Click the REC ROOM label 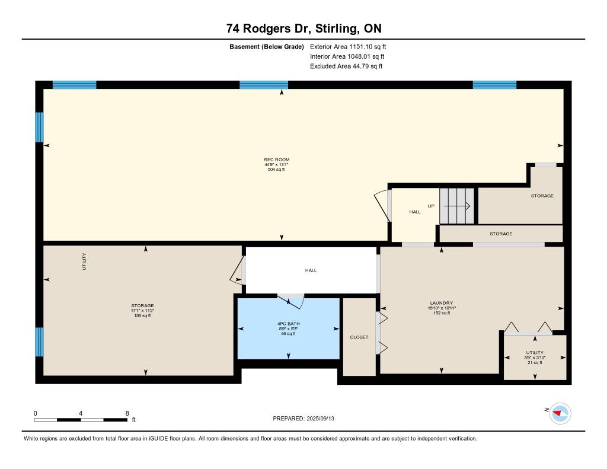click(x=276, y=159)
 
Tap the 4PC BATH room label click(x=289, y=324)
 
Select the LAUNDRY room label click(x=441, y=303)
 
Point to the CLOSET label click(x=359, y=337)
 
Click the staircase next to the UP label click(x=457, y=206)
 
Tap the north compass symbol click(x=560, y=414)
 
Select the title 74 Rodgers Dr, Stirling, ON click(x=304, y=28)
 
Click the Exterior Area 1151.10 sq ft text click(x=348, y=46)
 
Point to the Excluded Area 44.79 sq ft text click(x=346, y=66)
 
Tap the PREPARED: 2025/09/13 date click(x=303, y=419)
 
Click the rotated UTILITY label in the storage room click(x=84, y=262)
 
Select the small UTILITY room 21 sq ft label click(x=535, y=358)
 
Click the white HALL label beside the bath click(x=311, y=271)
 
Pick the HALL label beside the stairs click(x=415, y=212)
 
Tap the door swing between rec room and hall click(x=382, y=205)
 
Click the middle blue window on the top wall click(x=264, y=85)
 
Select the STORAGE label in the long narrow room click(x=501, y=234)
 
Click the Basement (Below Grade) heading click(x=267, y=47)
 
